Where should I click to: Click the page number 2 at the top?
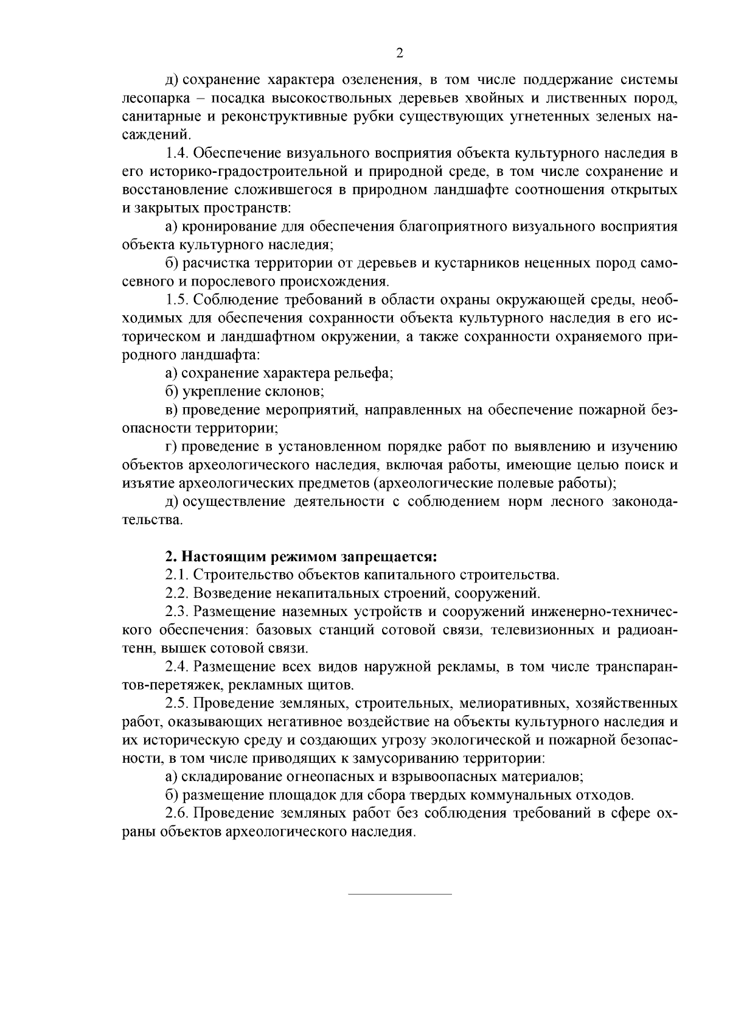pos(400,53)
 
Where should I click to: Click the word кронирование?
pos(229,226)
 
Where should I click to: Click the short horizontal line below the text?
pos(400,894)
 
